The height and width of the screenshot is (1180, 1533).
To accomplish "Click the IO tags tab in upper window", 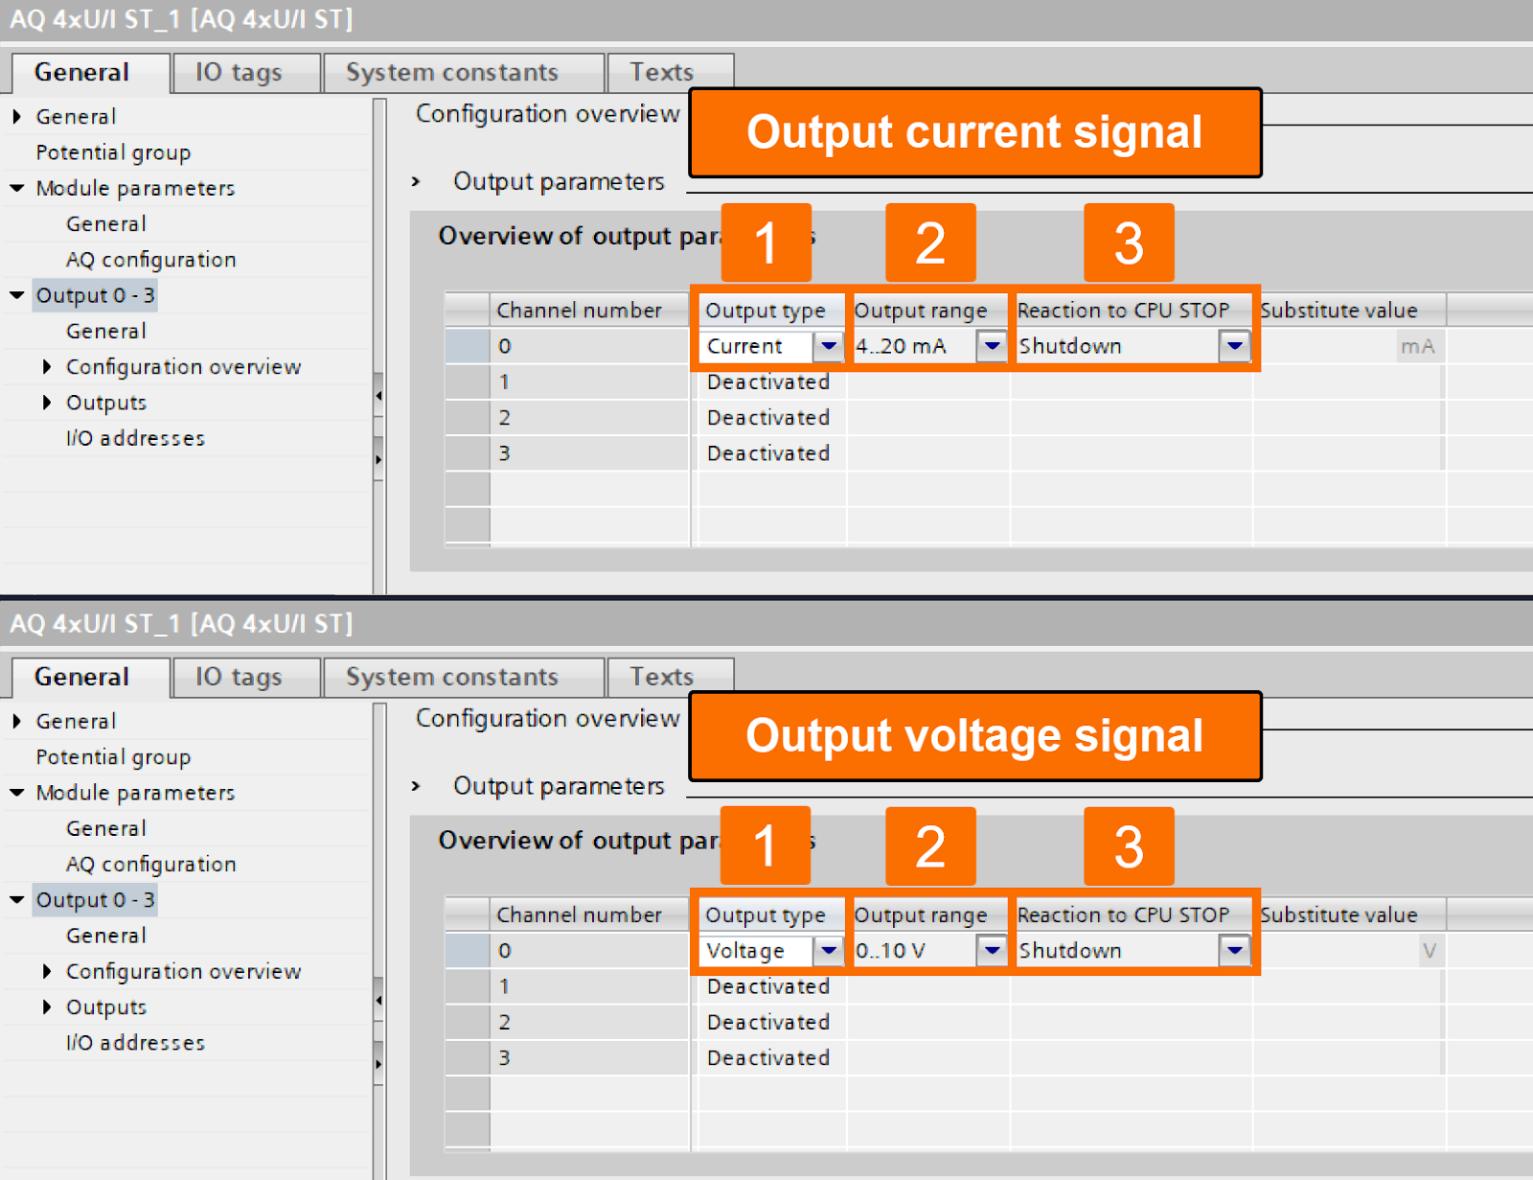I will click(239, 73).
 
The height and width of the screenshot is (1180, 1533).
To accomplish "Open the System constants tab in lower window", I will click(451, 677).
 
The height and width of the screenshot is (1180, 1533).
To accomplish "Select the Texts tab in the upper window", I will click(661, 73).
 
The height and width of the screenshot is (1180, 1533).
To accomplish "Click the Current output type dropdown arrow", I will click(828, 346).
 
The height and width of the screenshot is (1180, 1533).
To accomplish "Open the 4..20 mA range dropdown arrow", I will click(992, 346).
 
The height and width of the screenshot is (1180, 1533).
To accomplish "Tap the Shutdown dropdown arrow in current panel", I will click(1234, 346).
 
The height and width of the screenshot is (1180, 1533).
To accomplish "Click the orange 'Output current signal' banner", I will click(974, 132).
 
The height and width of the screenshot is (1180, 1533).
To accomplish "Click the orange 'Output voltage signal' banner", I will click(974, 736).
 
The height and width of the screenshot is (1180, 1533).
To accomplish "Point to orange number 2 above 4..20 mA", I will click(930, 243).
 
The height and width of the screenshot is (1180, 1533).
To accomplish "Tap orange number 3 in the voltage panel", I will click(1129, 846).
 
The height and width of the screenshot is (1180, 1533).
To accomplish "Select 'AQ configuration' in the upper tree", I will click(150, 260).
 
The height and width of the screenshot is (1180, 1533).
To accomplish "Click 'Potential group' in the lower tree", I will click(113, 757).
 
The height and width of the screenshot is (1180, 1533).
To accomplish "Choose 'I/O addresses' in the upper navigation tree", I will click(135, 438).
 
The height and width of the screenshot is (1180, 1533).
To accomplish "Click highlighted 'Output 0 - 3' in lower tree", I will click(95, 900).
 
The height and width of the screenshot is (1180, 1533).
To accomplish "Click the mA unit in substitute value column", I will click(1417, 346).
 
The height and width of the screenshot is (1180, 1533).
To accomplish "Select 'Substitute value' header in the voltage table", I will click(1339, 915).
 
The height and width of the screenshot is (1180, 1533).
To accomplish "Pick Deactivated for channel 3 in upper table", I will click(767, 453).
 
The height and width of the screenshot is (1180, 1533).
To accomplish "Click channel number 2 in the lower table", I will click(505, 1022).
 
